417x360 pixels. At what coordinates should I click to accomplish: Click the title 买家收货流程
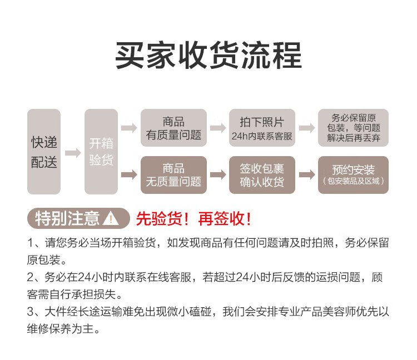(x=209, y=56)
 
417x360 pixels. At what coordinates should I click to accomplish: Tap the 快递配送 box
(x=44, y=152)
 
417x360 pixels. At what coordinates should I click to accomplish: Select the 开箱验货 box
(x=101, y=152)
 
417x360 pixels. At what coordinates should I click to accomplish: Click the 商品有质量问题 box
(x=173, y=128)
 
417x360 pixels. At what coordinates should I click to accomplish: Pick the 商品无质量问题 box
(x=173, y=175)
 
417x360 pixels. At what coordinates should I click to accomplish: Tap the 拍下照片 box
(x=262, y=128)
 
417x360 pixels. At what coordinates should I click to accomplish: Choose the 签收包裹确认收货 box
(x=262, y=175)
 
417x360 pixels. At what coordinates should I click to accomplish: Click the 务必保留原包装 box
(x=353, y=128)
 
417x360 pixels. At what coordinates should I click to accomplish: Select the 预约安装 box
(x=353, y=175)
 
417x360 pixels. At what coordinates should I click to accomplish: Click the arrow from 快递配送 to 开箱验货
(x=73, y=153)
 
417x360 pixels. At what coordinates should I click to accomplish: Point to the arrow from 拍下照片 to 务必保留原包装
(x=307, y=128)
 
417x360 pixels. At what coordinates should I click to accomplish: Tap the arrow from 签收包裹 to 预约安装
(x=307, y=175)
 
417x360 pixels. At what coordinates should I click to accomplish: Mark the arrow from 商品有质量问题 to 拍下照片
(x=218, y=128)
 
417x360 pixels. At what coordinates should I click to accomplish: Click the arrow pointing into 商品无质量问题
(x=129, y=175)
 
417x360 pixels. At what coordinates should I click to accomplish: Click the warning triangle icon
(x=111, y=219)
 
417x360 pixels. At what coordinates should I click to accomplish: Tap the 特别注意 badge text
(x=67, y=218)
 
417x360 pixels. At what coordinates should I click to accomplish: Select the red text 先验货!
(x=162, y=219)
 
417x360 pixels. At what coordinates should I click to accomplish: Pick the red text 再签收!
(x=225, y=219)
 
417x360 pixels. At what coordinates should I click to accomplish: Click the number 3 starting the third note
(x=31, y=312)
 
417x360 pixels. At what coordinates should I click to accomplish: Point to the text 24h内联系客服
(x=262, y=136)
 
